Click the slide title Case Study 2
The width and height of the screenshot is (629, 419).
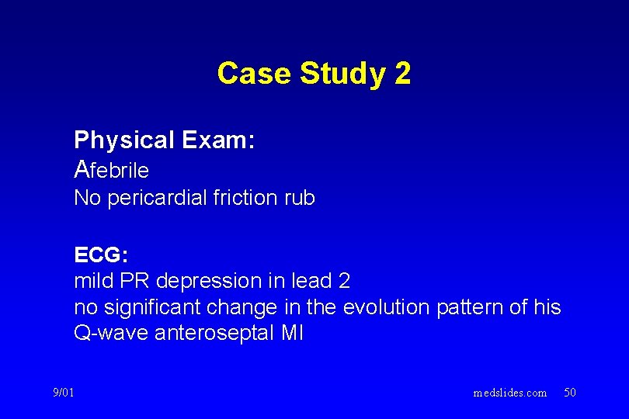314,74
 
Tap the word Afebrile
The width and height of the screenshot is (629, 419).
112,169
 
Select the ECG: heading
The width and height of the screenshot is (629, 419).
101,255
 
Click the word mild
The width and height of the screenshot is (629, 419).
92,281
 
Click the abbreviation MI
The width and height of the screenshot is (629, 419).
293,334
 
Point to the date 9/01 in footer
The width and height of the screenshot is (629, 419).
64,393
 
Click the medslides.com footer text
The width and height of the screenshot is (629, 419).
510,393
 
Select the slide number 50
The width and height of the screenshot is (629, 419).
570,393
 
